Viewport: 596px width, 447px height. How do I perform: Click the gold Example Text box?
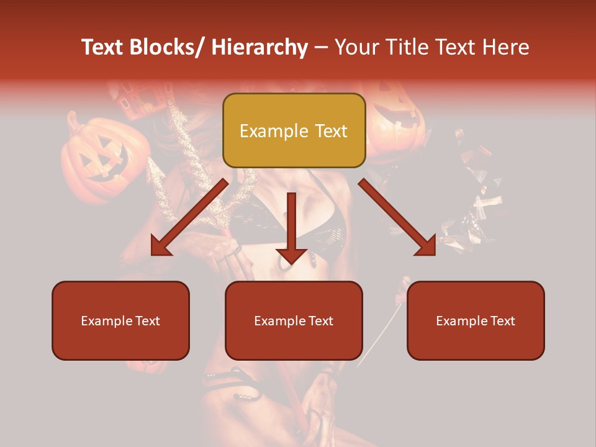click(294, 130)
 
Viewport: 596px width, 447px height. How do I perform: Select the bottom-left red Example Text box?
click(120, 320)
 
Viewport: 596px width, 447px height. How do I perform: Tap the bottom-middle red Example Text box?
click(294, 320)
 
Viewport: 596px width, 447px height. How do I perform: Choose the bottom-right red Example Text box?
click(476, 320)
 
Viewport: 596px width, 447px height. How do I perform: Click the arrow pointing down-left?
click(189, 217)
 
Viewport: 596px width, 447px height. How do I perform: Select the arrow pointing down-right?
click(397, 217)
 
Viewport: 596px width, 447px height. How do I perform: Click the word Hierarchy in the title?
click(259, 47)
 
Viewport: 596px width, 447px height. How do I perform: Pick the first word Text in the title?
click(103, 47)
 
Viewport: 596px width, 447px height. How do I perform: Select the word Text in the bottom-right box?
click(502, 320)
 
